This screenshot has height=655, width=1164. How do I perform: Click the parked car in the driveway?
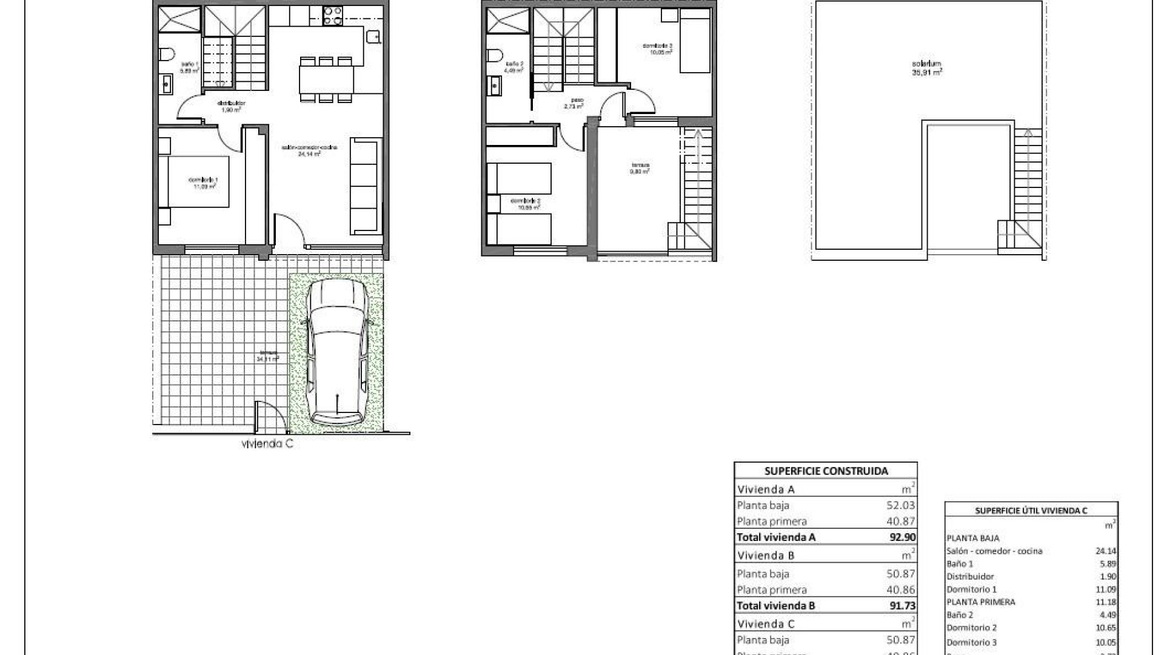[336, 355]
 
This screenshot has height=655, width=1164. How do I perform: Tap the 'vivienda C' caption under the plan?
[267, 444]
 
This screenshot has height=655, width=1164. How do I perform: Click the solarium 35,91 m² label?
[927, 67]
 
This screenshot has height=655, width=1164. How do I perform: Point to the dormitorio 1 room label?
[204, 183]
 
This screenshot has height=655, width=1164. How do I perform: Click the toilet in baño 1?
[164, 55]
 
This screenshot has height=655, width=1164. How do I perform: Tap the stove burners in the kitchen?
[332, 16]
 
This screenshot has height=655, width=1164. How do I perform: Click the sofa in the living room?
[366, 186]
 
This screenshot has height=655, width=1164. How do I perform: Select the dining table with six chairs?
[326, 79]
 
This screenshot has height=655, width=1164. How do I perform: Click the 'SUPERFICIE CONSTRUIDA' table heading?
[826, 471]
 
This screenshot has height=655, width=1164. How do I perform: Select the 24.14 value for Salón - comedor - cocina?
[1106, 551]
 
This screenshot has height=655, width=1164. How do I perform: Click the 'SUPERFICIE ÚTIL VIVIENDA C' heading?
[1031, 511]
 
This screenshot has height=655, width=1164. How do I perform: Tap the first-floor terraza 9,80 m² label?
[640, 168]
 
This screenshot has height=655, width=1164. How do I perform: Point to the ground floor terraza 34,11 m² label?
[267, 355]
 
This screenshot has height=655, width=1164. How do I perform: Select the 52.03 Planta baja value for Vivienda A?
[900, 505]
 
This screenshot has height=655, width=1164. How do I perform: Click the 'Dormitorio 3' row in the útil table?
[971, 642]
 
